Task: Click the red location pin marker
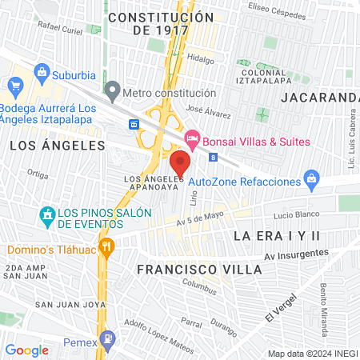pyautogui.click(x=179, y=163)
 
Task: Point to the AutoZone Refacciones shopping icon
pyautogui.click(x=314, y=182)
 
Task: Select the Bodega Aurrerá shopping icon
pyautogui.click(x=14, y=86)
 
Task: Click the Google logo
pyautogui.click(x=27, y=350)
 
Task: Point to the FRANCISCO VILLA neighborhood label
pyautogui.click(x=198, y=270)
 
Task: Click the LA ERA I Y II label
pyautogui.click(x=276, y=236)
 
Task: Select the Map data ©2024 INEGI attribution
pyautogui.click(x=313, y=354)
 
